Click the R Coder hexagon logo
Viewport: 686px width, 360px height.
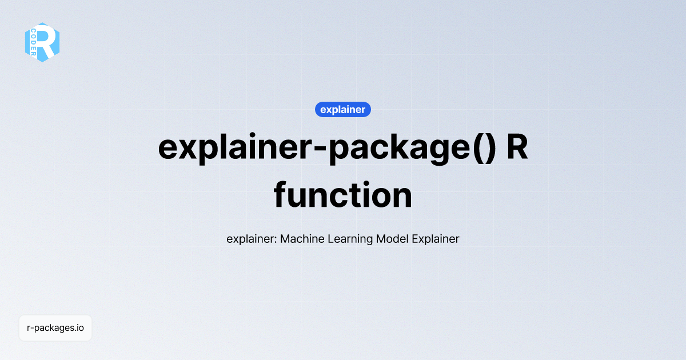[42, 42]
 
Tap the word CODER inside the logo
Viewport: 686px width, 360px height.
[33, 42]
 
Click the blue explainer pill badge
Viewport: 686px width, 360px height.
[342, 109]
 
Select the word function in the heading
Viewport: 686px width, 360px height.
[342, 195]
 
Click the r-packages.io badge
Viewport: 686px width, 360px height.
[55, 328]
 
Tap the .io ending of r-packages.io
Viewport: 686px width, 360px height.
[79, 328]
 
